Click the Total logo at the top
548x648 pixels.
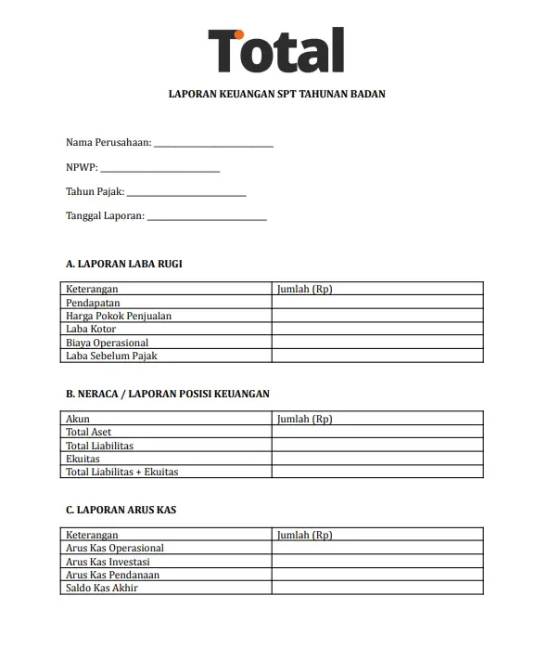275,50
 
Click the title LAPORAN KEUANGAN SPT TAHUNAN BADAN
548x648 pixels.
275,94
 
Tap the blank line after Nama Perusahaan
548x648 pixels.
213,144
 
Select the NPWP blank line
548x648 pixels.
159,169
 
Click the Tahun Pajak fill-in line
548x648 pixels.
185,193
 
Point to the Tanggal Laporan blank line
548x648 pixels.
207,217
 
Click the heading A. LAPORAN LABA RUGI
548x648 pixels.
124,264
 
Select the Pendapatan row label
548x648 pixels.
93,303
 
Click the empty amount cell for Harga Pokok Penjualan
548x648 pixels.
377,316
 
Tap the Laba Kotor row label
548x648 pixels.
91,330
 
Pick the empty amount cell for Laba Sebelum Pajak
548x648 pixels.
377,356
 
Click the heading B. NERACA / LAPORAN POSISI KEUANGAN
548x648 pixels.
168,394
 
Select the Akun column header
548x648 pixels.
78,420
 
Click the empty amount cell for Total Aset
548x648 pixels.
377,433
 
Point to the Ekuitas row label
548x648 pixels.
83,459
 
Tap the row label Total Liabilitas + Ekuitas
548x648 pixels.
122,472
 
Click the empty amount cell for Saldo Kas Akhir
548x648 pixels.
377,588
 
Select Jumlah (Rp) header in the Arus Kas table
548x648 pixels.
305,536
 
